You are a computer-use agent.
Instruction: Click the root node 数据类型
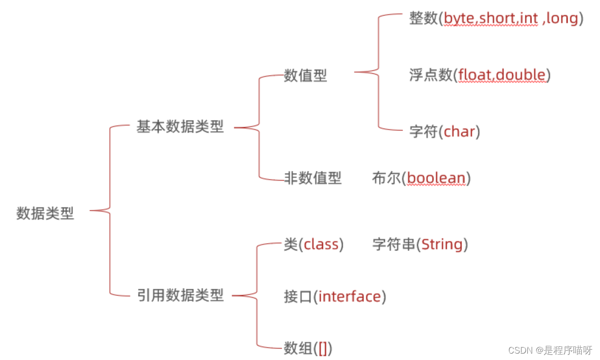45,214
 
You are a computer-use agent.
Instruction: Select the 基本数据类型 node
180,127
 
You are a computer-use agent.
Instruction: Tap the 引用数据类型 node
180,296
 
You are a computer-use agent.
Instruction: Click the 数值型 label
305,76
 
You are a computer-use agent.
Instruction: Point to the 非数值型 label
312,178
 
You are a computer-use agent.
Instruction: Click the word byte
460,19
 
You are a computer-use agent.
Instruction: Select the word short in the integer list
497,19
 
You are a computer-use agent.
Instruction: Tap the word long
562,19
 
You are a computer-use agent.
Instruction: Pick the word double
521,75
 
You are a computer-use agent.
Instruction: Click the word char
460,132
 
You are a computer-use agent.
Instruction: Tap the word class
321,244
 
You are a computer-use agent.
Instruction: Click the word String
442,244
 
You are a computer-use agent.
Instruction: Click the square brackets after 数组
323,349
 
